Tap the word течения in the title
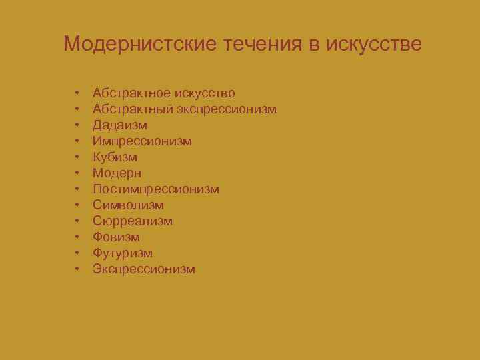coord(253,45)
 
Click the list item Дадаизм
coord(120,125)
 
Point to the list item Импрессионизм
coord(142,141)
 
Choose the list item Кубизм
coord(115,157)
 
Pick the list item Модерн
coord(117,173)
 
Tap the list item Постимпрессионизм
coord(156,189)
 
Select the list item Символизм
coord(128,205)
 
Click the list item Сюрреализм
coord(133,221)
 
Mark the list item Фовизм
coord(116,237)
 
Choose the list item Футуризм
coord(123,253)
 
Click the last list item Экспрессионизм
coord(144,269)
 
